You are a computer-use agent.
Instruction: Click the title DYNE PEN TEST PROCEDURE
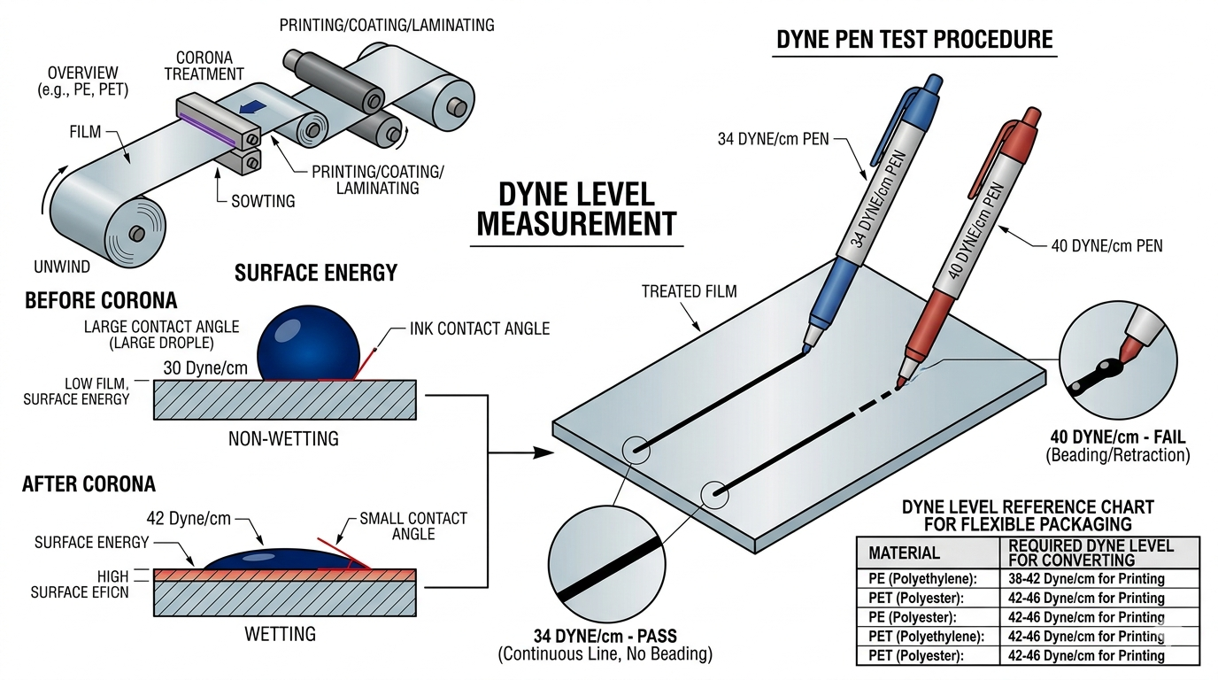(x=914, y=40)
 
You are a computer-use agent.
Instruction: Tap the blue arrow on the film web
(x=253, y=108)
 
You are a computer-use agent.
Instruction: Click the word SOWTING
(x=264, y=201)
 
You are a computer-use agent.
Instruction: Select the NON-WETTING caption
(x=283, y=437)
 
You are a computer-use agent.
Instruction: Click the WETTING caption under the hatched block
(x=280, y=633)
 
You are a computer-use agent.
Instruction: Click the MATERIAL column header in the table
(x=904, y=552)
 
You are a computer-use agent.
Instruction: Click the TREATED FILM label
(x=689, y=290)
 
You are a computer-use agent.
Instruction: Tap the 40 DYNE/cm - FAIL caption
(x=1116, y=437)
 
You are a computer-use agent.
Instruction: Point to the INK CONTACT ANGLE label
(x=479, y=328)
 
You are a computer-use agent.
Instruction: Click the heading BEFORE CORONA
(x=101, y=300)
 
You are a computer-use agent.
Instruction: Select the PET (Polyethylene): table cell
(x=926, y=637)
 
